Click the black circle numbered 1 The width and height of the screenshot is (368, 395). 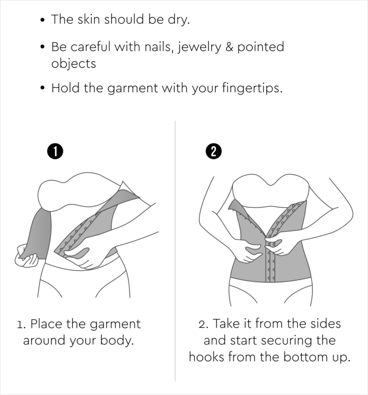tap(55, 151)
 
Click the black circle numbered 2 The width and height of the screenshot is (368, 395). tap(214, 151)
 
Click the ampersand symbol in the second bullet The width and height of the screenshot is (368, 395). tap(229, 47)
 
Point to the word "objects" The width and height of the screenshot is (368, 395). tap(73, 63)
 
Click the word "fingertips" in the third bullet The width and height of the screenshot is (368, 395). tap(252, 88)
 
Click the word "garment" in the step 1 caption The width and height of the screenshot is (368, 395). tap(115, 324)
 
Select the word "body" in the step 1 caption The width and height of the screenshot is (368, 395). tap(117, 340)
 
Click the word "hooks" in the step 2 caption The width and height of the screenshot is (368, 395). tap(207, 357)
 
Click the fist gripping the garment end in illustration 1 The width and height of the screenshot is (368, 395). tap(26, 256)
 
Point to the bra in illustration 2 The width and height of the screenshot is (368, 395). tap(271, 191)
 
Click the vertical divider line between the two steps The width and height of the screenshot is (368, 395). tap(175, 251)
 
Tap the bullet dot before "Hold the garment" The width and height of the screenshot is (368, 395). tap(43, 88)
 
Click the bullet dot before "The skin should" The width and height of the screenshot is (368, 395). tap(43, 20)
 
